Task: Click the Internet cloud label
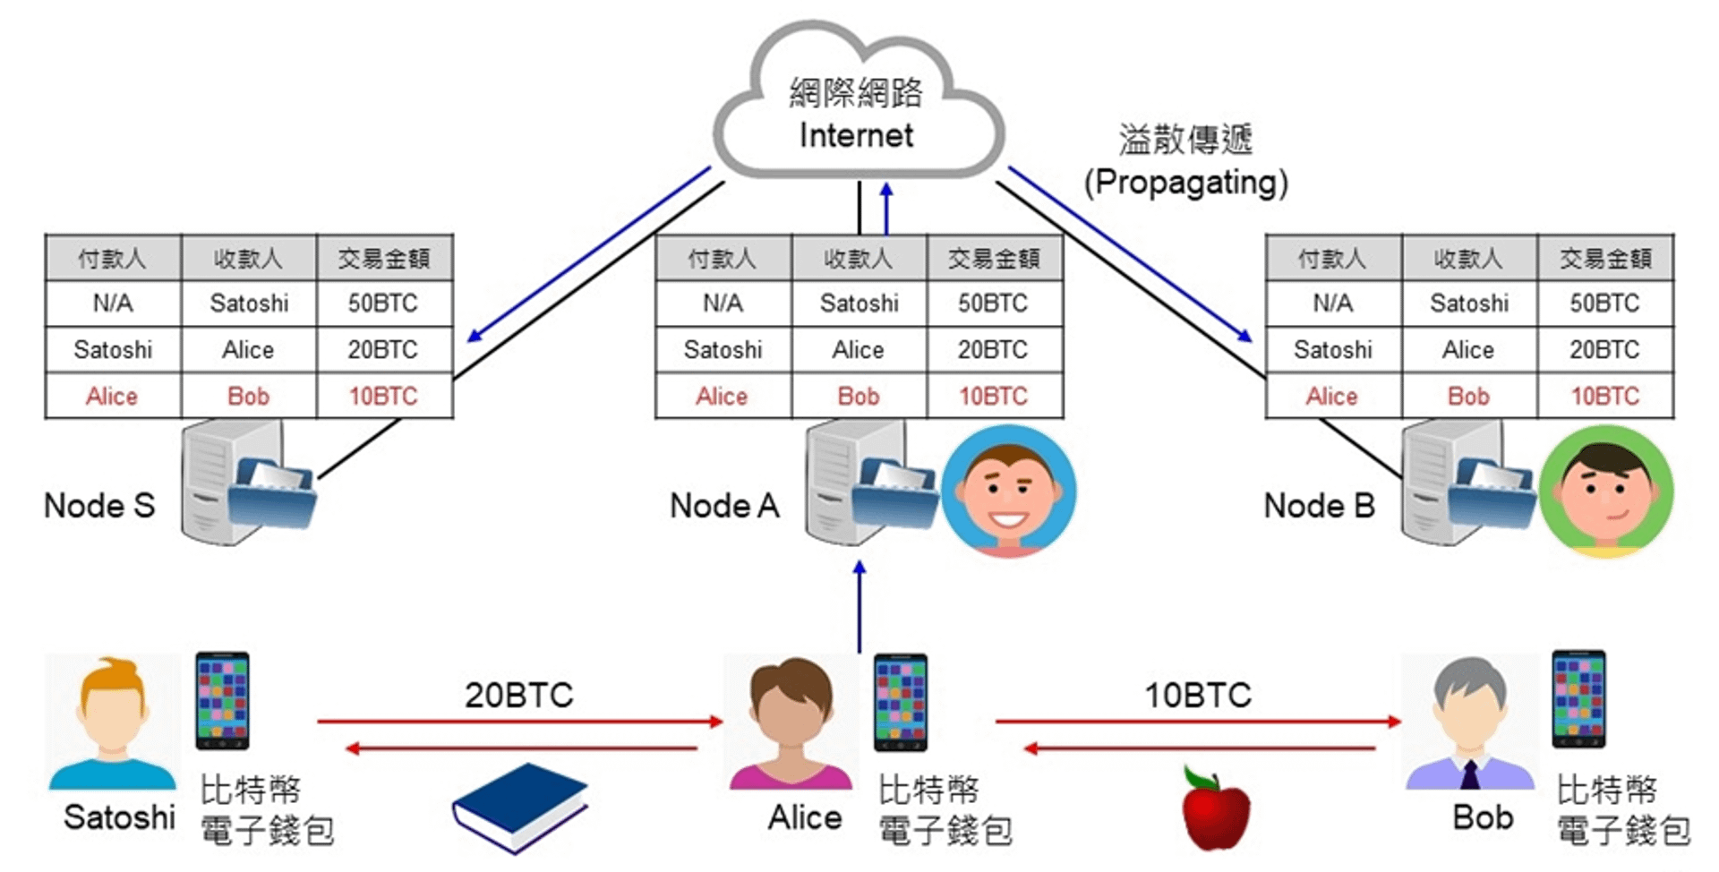(x=856, y=136)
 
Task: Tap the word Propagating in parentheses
(x=1185, y=183)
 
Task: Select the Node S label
(x=99, y=506)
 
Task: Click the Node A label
(x=724, y=506)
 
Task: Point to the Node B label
(x=1319, y=506)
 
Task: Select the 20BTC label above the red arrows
(x=518, y=696)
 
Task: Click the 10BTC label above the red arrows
(x=1198, y=696)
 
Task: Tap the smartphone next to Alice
(x=901, y=703)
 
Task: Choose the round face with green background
(x=1606, y=492)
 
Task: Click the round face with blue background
(x=1009, y=492)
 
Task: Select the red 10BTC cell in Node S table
(x=383, y=396)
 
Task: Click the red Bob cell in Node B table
(x=1468, y=396)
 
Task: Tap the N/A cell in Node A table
(x=723, y=303)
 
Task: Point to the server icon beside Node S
(x=242, y=483)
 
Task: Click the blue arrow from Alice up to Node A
(x=859, y=609)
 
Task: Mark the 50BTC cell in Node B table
(x=1604, y=303)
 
